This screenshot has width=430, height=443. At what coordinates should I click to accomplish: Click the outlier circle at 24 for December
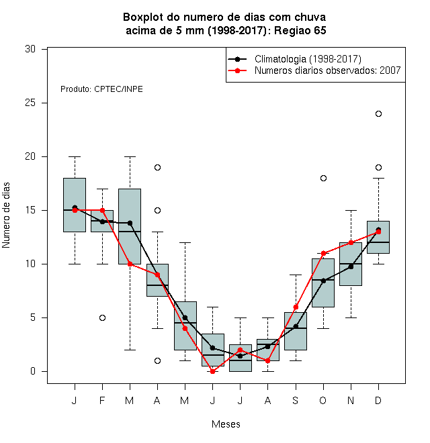pyautogui.click(x=378, y=114)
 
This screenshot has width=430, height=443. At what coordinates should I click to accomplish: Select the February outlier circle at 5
pyautogui.click(x=102, y=318)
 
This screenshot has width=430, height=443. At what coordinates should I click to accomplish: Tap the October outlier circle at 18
pyautogui.click(x=323, y=179)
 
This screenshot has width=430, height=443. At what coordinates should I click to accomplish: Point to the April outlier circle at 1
pyautogui.click(x=158, y=361)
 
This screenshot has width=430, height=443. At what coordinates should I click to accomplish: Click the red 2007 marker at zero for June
pyautogui.click(x=213, y=372)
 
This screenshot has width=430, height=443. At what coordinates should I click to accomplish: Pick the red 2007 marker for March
pyautogui.click(x=130, y=264)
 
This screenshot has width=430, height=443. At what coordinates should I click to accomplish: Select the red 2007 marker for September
pyautogui.click(x=296, y=307)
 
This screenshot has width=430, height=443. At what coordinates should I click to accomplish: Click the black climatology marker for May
pyautogui.click(x=185, y=318)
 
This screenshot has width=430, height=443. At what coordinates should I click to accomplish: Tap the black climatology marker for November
pyautogui.click(x=351, y=266)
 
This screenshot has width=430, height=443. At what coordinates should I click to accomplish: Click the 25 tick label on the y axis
pyautogui.click(x=30, y=103)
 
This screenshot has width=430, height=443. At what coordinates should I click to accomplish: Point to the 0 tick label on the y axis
pyautogui.click(x=33, y=371)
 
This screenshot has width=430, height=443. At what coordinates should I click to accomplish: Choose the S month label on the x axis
pyautogui.click(x=296, y=401)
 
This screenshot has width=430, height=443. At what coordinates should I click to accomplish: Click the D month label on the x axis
pyautogui.click(x=378, y=401)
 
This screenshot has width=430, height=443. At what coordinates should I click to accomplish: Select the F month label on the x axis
pyautogui.click(x=102, y=401)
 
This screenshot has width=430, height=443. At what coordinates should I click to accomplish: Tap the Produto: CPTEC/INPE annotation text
pyautogui.click(x=101, y=89)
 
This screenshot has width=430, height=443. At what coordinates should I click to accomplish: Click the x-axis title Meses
pyautogui.click(x=226, y=424)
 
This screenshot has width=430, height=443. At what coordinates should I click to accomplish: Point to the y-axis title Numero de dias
pyautogui.click(x=6, y=215)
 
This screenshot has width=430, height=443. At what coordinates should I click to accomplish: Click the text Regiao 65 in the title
pyautogui.click(x=300, y=30)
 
